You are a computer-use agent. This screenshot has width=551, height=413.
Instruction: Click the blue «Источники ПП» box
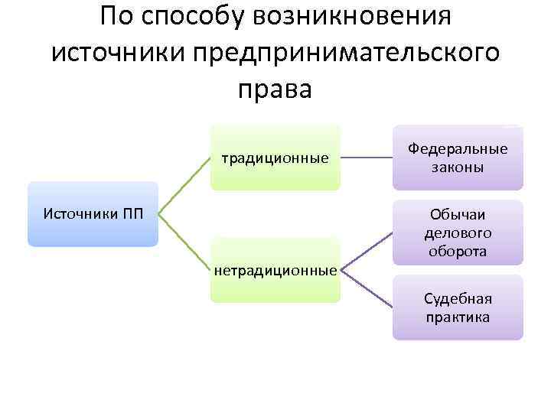click(93, 213)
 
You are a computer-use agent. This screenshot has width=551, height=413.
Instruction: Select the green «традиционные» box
click(275, 158)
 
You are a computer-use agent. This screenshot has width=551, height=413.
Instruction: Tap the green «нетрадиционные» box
click(275, 270)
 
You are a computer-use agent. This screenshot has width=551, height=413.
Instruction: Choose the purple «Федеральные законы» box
click(458, 158)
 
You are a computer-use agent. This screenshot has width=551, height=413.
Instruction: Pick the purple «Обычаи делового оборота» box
click(458, 233)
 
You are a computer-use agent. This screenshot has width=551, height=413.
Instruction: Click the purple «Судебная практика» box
click(458, 307)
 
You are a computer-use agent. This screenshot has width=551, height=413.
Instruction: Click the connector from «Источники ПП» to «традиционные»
click(184, 186)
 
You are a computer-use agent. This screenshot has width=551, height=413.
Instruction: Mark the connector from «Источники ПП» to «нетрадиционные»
click(184, 242)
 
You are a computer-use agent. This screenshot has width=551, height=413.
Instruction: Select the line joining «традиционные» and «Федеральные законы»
click(367, 158)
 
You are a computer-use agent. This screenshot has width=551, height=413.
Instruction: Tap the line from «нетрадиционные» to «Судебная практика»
click(367, 288)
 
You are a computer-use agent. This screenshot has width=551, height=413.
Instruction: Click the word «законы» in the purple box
click(458, 167)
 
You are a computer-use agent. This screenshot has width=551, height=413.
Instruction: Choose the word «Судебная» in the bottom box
click(458, 298)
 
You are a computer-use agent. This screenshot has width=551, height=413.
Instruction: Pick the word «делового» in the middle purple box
click(458, 233)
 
